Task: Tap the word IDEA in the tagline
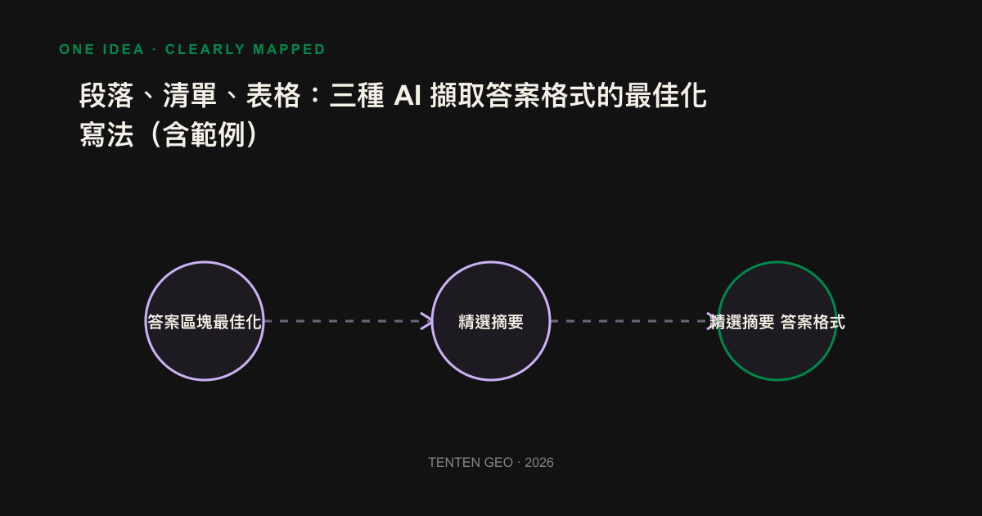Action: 124,49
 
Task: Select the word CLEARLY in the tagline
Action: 205,49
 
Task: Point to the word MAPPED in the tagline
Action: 289,49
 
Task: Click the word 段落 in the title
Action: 106,95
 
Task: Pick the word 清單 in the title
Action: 190,95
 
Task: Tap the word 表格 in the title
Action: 273,95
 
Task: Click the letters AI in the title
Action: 408,96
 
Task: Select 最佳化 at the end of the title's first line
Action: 665,95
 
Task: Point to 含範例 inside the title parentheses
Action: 204,134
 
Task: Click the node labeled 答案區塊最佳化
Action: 205,321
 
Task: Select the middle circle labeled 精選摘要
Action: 491,321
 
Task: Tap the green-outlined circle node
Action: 777,321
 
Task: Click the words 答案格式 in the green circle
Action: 813,322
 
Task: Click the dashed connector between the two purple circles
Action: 348,321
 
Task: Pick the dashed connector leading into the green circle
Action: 634,321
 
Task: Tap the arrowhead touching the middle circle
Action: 426,321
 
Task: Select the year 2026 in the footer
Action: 539,463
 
